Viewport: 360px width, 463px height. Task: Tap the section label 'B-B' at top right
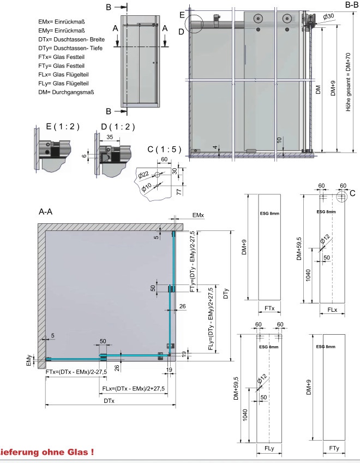point(351,5)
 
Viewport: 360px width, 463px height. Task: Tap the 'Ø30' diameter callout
point(328,16)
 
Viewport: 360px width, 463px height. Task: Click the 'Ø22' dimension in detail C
point(144,175)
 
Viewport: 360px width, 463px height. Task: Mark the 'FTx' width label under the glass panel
point(269,308)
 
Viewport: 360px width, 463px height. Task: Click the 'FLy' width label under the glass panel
point(269,448)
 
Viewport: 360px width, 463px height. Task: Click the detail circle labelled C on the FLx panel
point(342,195)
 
